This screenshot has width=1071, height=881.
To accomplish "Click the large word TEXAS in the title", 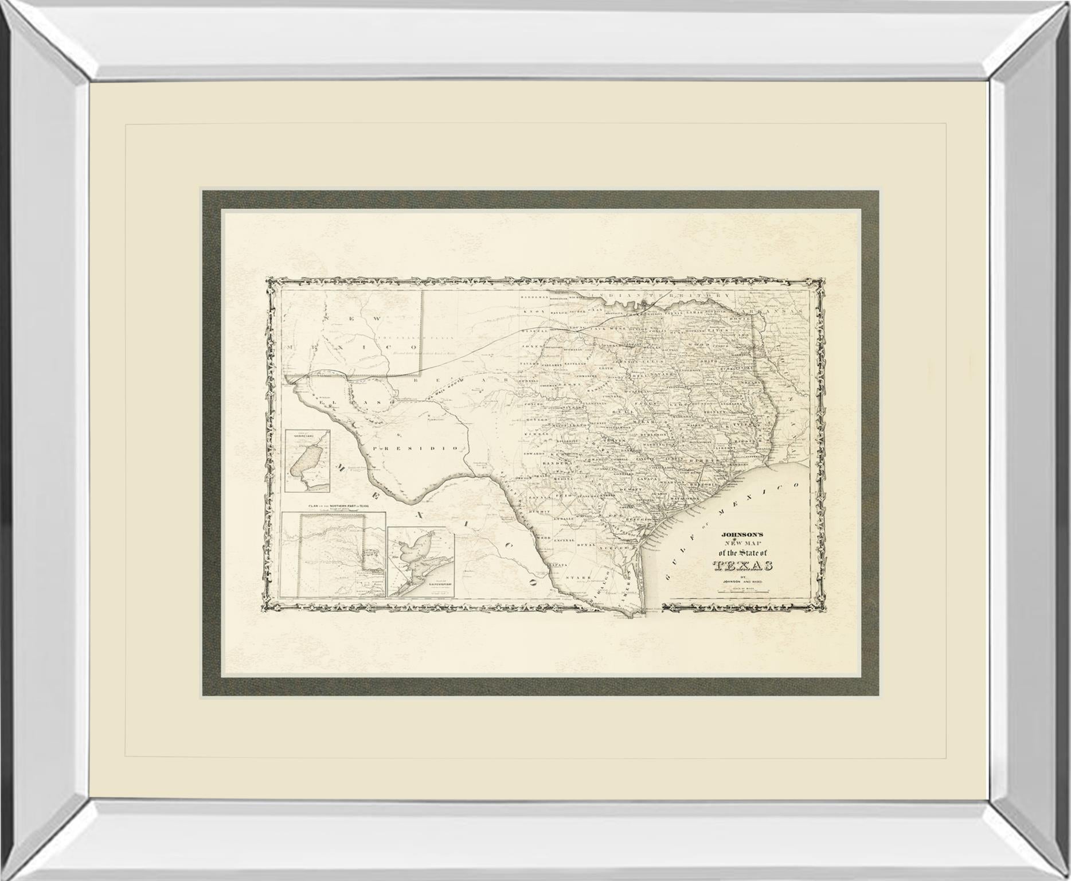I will click(743, 566).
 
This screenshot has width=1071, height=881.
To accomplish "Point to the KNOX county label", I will click(533, 311).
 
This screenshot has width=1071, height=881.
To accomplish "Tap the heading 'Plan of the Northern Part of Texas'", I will click(338, 506).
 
